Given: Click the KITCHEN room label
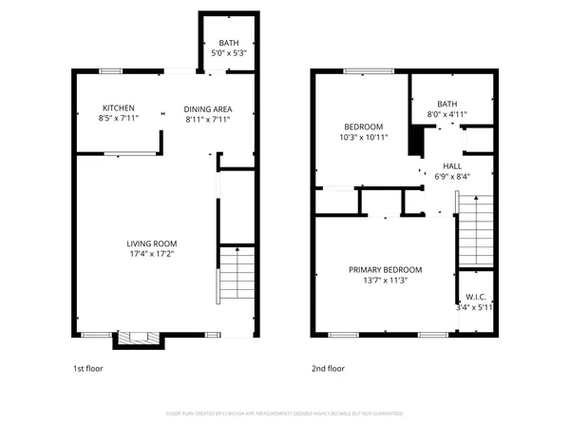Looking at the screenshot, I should click(x=119, y=108).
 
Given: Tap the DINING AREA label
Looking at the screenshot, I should click(x=207, y=108).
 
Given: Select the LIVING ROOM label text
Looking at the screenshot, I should click(x=152, y=243).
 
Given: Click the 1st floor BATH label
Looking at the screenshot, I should click(x=229, y=44).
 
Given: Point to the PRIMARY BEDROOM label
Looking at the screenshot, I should click(x=385, y=270).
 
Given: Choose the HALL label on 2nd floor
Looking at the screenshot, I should click(x=452, y=165).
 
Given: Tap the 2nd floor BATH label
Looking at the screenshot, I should click(x=446, y=104).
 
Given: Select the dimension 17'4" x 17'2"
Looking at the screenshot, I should click(x=152, y=254).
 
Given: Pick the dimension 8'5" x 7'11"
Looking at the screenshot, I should click(x=119, y=119).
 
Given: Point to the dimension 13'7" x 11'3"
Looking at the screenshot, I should click(x=385, y=281).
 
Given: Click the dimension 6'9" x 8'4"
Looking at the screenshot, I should click(x=452, y=176).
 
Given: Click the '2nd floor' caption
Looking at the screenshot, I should click(x=329, y=368).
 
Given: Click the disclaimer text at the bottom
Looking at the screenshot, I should click(x=285, y=413).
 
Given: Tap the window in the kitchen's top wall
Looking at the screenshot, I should click(x=112, y=69).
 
